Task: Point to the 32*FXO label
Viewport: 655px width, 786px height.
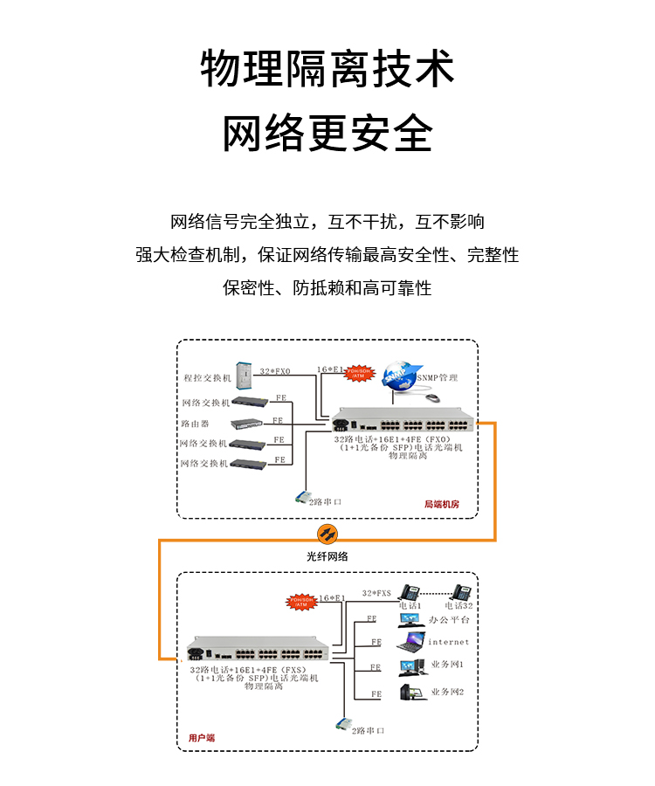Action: click(x=275, y=371)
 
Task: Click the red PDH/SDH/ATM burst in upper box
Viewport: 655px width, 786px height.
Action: click(x=359, y=373)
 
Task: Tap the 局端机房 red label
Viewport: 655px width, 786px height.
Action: click(x=441, y=504)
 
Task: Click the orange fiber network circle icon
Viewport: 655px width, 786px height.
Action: click(x=326, y=534)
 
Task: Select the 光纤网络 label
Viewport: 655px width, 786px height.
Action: click(x=327, y=556)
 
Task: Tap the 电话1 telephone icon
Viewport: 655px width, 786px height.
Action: click(x=410, y=590)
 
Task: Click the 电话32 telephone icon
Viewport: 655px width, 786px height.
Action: click(x=460, y=590)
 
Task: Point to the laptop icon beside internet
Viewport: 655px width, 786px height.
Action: click(x=409, y=645)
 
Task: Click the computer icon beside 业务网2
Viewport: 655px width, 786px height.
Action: click(x=409, y=693)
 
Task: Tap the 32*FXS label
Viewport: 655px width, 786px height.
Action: click(x=376, y=592)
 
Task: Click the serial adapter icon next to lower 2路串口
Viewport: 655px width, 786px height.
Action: click(x=342, y=725)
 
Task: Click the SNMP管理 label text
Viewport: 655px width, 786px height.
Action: click(x=437, y=378)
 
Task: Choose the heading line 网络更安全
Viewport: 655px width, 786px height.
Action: click(x=327, y=133)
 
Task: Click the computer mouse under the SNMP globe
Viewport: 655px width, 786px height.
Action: click(x=433, y=397)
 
